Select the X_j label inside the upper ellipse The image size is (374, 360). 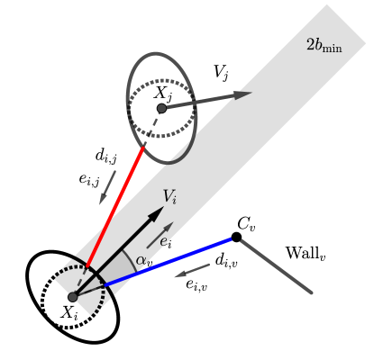[x=162, y=92]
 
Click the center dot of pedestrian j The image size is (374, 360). [x=161, y=108]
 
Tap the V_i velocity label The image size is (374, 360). [x=170, y=195]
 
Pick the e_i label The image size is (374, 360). [x=166, y=241]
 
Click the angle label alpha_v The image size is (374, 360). [x=143, y=262]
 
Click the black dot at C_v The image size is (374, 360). [x=236, y=237]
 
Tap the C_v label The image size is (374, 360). [x=246, y=222]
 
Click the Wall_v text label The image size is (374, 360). [x=306, y=253]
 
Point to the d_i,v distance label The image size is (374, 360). [x=226, y=260]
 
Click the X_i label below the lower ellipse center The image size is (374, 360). [x=69, y=312]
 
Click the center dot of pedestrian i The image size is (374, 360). [x=73, y=296]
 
